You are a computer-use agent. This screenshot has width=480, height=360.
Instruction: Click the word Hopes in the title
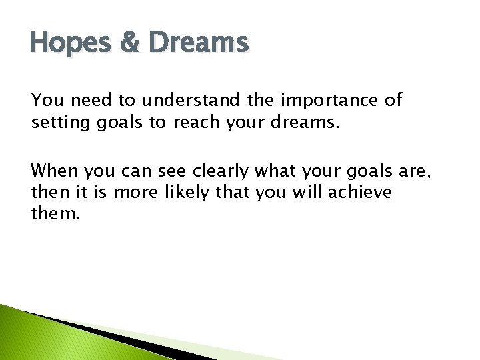(61, 43)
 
